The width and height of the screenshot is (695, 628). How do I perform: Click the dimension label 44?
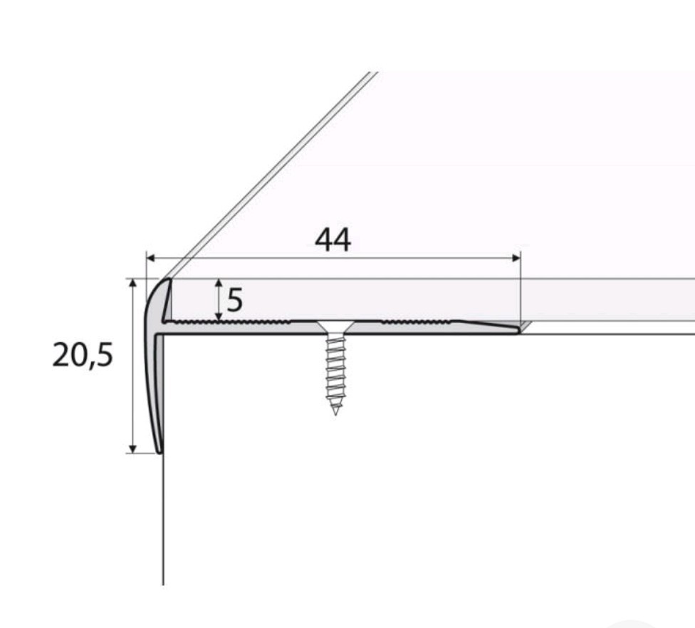(x=333, y=241)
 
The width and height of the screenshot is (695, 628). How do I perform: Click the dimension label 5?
(x=235, y=301)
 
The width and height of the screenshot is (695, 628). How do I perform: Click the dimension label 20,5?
(x=83, y=354)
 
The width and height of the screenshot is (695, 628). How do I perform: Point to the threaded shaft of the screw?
(x=335, y=371)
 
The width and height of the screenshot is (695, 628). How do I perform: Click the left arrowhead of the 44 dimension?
(x=150, y=258)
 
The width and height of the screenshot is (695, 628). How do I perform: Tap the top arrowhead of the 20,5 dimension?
(x=132, y=284)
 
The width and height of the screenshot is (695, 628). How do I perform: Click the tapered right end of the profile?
(x=514, y=329)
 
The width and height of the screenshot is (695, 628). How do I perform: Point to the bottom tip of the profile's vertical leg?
(x=160, y=450)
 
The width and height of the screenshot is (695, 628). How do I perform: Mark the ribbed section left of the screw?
(x=235, y=323)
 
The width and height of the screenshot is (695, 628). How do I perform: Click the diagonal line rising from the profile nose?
(x=271, y=175)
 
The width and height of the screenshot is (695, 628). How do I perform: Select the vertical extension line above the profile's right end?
(x=521, y=292)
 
